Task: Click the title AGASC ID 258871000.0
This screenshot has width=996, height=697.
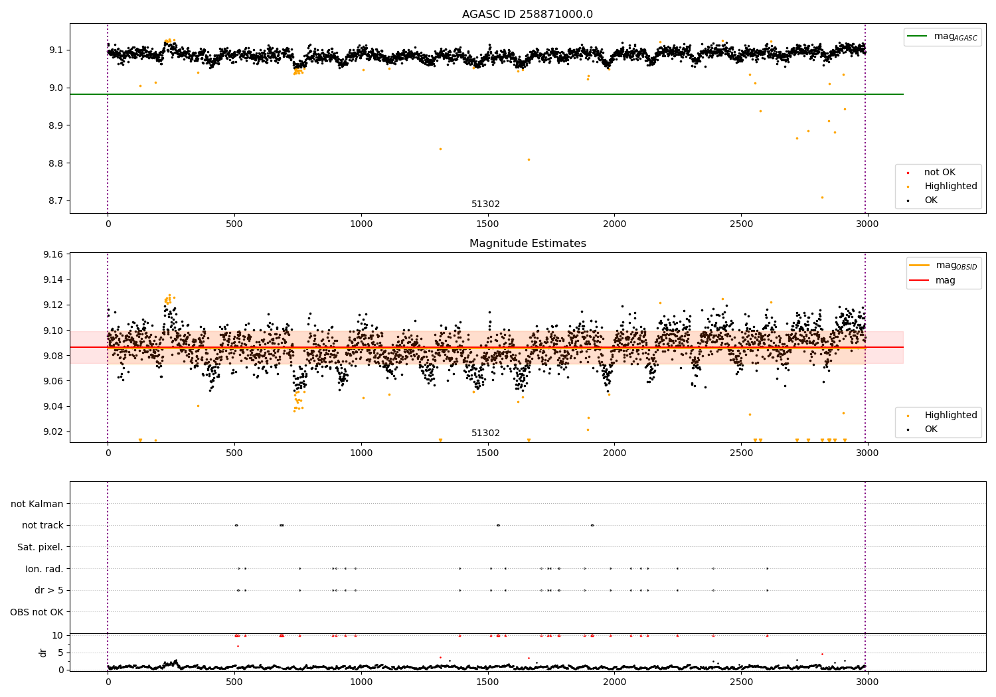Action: point(527,15)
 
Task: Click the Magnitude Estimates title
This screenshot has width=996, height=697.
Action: point(527,244)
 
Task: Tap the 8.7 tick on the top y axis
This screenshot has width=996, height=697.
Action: point(55,201)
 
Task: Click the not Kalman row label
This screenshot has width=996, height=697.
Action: point(37,504)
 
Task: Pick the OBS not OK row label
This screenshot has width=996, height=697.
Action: point(37,612)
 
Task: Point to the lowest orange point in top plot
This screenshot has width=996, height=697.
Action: point(821,197)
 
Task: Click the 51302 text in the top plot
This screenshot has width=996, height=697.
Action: point(485,204)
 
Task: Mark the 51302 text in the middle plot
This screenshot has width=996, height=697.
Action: point(485,433)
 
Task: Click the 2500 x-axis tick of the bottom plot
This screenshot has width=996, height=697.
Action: point(741,682)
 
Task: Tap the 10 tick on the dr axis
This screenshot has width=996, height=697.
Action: point(57,635)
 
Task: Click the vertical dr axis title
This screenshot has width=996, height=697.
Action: point(43,653)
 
